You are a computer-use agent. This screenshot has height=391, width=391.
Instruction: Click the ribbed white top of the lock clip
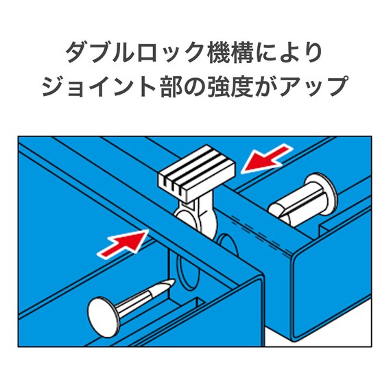click(195, 175)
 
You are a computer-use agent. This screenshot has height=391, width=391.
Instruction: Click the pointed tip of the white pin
click(166, 283)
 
